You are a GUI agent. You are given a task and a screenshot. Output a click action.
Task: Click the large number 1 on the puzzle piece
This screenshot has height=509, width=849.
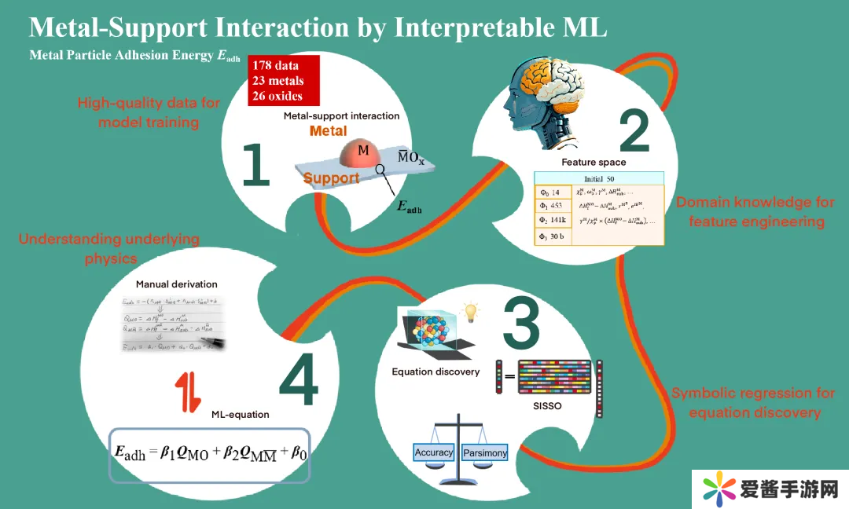tap(255, 166)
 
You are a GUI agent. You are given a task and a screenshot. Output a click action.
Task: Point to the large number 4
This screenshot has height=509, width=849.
tap(298, 384)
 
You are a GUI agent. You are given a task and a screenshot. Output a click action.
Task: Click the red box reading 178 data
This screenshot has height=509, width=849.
tap(285, 81)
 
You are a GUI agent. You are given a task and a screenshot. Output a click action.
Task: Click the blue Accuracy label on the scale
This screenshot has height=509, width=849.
tap(434, 452)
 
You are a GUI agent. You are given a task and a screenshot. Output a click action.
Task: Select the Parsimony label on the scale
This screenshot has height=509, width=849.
tap(484, 453)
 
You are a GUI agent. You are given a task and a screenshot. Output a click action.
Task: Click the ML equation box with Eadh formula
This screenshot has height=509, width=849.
tap(209, 455)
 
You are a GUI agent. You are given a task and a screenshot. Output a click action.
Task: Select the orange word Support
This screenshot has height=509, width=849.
tap(331, 178)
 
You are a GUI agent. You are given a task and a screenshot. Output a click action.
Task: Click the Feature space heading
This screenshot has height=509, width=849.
tap(594, 162)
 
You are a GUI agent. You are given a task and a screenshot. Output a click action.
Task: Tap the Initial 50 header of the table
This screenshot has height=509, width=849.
tap(599, 178)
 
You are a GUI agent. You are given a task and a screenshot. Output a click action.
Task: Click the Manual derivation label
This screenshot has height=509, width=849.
tap(177, 284)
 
